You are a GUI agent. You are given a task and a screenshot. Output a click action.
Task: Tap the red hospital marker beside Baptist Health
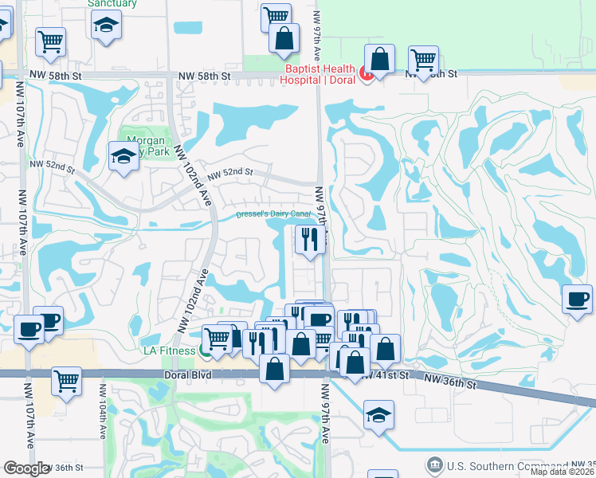click(367, 75)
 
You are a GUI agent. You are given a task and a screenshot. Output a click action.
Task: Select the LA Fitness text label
click(169, 351)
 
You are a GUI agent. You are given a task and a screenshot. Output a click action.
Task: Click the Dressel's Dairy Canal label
click(273, 214)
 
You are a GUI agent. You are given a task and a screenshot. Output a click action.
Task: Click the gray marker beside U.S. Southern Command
click(435, 464)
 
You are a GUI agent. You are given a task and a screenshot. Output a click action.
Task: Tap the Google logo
click(25, 468)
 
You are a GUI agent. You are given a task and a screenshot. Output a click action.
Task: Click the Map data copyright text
click(563, 472)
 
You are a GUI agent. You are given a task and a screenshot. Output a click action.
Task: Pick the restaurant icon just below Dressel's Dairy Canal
click(309, 238)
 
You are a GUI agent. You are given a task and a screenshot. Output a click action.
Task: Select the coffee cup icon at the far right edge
click(578, 300)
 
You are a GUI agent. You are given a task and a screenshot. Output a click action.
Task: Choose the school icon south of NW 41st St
click(378, 413)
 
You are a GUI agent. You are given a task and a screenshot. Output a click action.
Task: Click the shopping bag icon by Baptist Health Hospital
click(380, 59)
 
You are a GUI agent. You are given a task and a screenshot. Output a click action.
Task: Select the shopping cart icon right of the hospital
click(423, 60)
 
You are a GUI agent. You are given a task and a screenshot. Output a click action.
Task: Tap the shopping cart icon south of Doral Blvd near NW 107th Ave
click(66, 380)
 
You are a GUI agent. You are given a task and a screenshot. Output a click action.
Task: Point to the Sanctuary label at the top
click(112, 4)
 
